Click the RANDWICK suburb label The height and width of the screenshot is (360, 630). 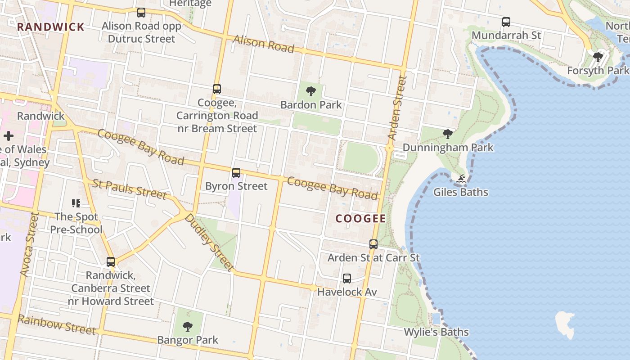[x=50, y=27]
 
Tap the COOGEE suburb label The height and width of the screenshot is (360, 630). [x=361, y=219]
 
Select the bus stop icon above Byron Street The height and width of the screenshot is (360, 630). [x=236, y=173]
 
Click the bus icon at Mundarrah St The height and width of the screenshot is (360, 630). [x=506, y=22]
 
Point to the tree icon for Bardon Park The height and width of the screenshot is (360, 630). [x=310, y=92]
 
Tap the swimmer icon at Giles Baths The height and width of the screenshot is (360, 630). [x=461, y=179]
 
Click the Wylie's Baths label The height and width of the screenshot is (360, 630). [x=436, y=332]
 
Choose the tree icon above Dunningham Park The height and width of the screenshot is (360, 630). [x=447, y=134]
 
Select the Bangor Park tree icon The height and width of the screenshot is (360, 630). [x=188, y=327]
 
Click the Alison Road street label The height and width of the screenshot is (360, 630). [x=264, y=44]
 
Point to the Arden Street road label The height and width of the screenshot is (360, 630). [x=396, y=108]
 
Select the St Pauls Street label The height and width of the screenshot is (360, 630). [x=130, y=189]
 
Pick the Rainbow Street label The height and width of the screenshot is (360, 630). [x=57, y=325]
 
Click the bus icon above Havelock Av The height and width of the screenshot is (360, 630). [x=346, y=279]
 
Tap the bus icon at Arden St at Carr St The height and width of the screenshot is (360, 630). [x=373, y=244]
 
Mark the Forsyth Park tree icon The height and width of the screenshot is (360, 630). [x=598, y=57]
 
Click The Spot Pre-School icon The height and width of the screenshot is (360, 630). [x=76, y=203]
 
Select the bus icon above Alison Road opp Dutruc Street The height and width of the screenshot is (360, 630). [x=141, y=13]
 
